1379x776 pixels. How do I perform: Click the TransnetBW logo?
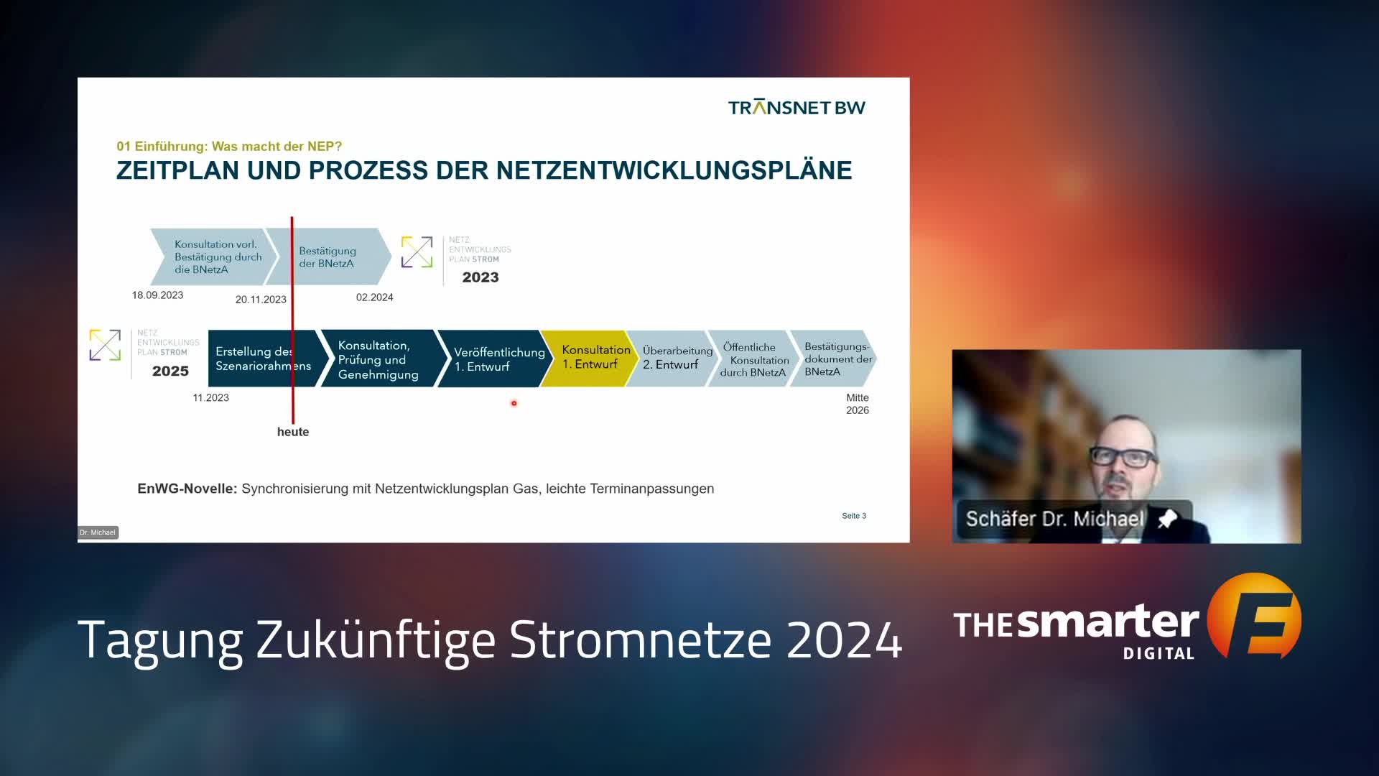tap(797, 107)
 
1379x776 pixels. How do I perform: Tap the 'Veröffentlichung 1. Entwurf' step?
tap(495, 359)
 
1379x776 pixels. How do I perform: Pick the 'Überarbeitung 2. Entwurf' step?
tap(673, 358)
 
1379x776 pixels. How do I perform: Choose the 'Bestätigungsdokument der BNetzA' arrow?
tap(833, 359)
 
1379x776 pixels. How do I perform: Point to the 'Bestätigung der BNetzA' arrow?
tap(328, 257)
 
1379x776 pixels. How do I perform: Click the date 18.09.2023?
tap(157, 295)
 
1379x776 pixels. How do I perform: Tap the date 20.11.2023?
tap(261, 300)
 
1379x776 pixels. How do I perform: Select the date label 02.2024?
tap(374, 297)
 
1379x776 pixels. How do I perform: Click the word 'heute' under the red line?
tap(293, 432)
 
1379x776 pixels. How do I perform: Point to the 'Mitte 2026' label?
tap(858, 404)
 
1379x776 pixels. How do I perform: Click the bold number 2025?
tap(170, 371)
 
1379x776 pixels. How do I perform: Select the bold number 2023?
tap(480, 277)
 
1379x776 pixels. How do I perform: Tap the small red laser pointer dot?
tap(514, 403)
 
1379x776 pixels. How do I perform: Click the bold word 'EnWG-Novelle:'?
tap(187, 489)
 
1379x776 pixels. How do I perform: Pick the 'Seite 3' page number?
tap(854, 516)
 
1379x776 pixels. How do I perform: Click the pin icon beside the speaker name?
tap(1167, 518)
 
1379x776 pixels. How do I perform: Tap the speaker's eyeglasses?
tap(1123, 457)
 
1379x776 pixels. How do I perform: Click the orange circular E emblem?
tap(1254, 616)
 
